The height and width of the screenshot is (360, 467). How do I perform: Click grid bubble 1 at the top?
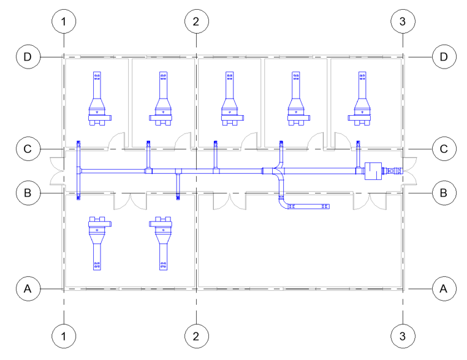click(x=64, y=21)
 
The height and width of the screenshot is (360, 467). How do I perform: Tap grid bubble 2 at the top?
click(x=196, y=21)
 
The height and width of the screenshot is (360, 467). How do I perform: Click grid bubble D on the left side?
click(x=28, y=57)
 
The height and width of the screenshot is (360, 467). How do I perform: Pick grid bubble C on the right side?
click(x=444, y=149)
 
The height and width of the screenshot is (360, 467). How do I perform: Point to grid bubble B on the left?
click(x=28, y=193)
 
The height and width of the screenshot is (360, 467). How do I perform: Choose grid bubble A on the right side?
click(x=444, y=287)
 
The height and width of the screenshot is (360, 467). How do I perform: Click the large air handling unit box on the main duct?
click(x=373, y=171)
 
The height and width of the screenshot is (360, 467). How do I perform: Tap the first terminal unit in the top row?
click(x=97, y=101)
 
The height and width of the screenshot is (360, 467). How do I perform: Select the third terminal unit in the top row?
click(x=229, y=101)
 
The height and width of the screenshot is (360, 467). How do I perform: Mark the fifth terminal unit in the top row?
click(x=362, y=101)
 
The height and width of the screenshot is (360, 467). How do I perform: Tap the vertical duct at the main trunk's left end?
click(x=78, y=171)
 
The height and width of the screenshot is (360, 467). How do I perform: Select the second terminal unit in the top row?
click(x=163, y=101)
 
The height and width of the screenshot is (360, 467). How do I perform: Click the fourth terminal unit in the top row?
click(x=296, y=101)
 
